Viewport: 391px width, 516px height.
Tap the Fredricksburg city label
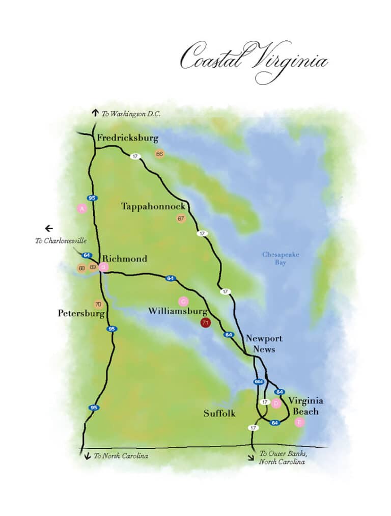click(128, 138)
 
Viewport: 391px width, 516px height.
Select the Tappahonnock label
click(153, 206)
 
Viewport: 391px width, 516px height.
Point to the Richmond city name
click(125, 259)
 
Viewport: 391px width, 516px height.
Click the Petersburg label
click(81, 313)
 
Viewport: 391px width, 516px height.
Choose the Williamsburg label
click(178, 311)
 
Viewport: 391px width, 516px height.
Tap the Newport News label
click(264, 344)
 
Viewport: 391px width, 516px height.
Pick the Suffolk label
click(219, 414)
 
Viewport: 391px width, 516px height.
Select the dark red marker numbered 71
click(206, 323)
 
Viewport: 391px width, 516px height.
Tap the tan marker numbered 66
click(159, 154)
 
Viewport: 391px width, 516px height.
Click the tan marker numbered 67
click(180, 219)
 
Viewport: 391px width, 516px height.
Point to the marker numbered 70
click(98, 305)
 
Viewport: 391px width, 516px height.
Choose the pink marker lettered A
click(81, 208)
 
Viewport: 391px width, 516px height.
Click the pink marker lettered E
click(299, 422)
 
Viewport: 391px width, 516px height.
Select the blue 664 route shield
click(258, 382)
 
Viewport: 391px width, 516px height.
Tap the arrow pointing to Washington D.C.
click(95, 113)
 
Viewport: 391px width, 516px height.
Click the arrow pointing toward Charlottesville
click(49, 228)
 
